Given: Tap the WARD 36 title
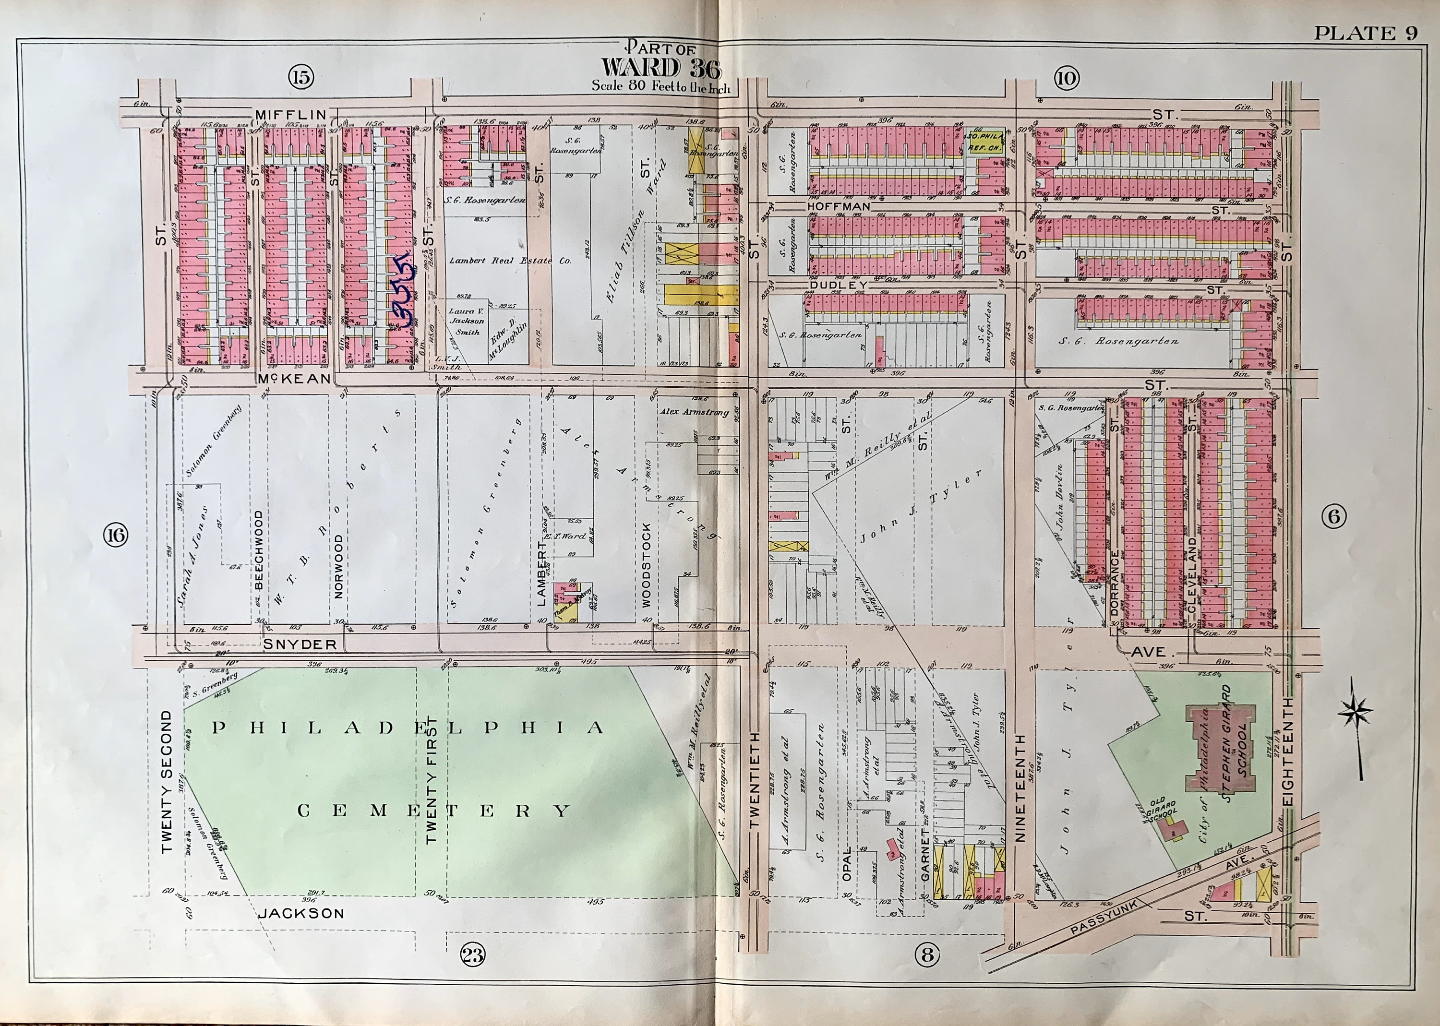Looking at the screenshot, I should point(661,68).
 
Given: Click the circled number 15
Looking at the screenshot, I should point(301,77).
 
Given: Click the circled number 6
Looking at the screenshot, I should point(1334,517).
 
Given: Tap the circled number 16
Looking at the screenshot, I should point(116,536).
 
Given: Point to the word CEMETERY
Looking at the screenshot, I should point(433,811).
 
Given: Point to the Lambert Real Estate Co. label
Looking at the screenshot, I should point(510,260).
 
